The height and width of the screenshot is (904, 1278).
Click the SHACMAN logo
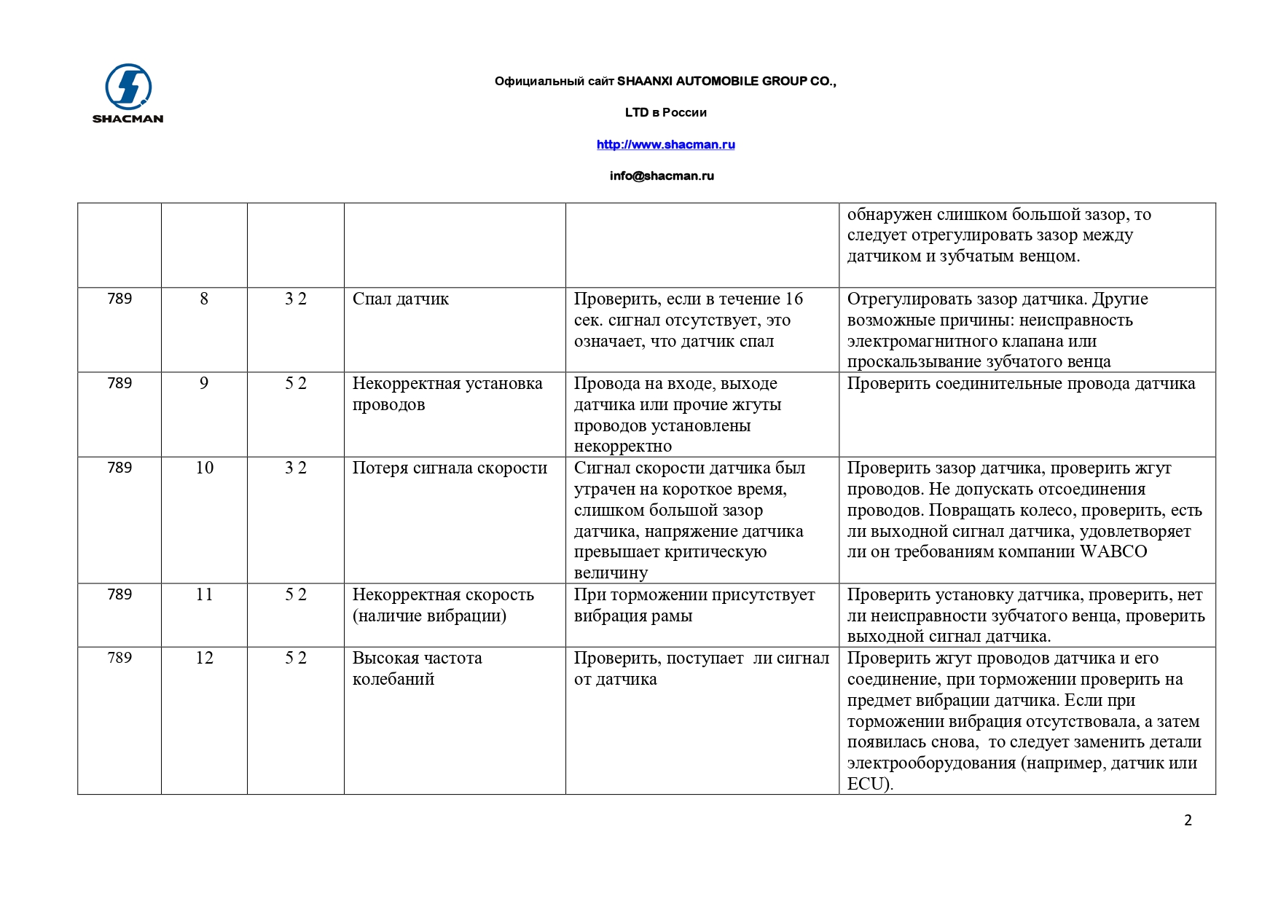click(128, 93)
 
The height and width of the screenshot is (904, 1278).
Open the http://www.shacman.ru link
click(665, 144)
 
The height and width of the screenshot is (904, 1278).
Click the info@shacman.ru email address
click(662, 176)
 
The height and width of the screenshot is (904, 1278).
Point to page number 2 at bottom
click(1188, 820)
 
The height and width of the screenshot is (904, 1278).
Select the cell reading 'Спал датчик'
click(401, 299)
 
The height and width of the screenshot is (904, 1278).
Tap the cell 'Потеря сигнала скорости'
click(450, 468)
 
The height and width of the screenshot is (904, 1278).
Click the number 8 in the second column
click(204, 299)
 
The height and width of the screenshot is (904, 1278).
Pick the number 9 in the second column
click(204, 383)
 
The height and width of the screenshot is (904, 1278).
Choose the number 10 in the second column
click(204, 468)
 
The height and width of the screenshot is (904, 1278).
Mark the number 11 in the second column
click(204, 594)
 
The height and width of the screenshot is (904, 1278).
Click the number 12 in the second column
click(204, 658)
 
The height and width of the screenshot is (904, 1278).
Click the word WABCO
click(1113, 552)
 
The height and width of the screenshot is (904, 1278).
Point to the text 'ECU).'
click(870, 785)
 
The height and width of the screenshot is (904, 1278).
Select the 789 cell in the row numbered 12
click(119, 658)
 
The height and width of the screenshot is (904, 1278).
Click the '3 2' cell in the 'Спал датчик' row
click(295, 299)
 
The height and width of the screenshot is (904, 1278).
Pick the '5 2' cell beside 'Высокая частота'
click(295, 658)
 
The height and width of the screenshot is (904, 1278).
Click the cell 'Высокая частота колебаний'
click(417, 669)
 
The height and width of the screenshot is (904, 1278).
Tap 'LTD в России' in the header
click(665, 112)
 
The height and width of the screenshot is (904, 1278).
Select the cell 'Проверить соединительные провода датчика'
click(1021, 384)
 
